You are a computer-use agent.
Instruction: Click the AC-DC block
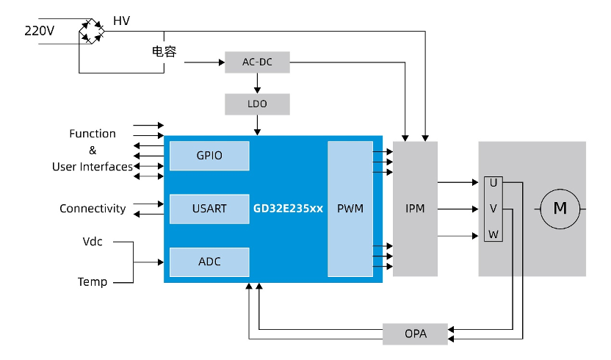click(257, 62)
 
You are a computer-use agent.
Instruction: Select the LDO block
click(257, 104)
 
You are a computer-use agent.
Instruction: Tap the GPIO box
click(209, 156)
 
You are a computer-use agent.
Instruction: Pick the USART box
click(209, 209)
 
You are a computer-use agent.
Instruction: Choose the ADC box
click(209, 262)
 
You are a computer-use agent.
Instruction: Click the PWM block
click(350, 209)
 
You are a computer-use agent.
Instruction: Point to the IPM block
click(415, 209)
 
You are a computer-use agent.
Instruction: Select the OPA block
click(415, 334)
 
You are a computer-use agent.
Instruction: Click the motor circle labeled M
click(560, 209)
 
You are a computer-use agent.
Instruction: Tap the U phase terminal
click(493, 182)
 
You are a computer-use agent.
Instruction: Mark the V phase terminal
click(493, 209)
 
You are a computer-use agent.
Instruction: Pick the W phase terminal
click(493, 235)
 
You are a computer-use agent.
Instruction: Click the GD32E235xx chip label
click(288, 209)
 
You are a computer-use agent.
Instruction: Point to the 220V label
click(40, 31)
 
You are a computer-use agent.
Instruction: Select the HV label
click(121, 21)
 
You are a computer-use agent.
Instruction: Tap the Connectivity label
click(93, 209)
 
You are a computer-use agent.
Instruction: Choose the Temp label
click(93, 281)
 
